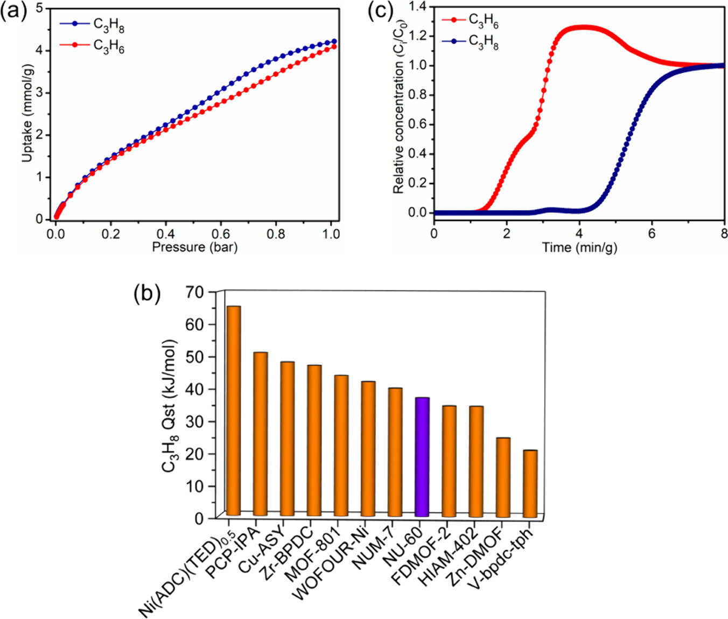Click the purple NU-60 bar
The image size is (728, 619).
[x=422, y=457]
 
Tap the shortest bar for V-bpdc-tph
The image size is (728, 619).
[x=530, y=483]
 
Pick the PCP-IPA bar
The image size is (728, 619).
[x=261, y=434]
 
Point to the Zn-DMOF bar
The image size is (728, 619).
[x=503, y=477]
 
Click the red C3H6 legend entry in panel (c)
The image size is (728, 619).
[x=471, y=20]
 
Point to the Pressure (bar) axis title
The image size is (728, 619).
[x=194, y=247]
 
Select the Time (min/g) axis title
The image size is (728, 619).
[x=579, y=248]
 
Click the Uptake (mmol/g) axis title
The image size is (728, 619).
[x=27, y=113]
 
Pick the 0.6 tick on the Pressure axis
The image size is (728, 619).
[x=221, y=234]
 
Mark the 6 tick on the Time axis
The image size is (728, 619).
[x=652, y=233]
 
